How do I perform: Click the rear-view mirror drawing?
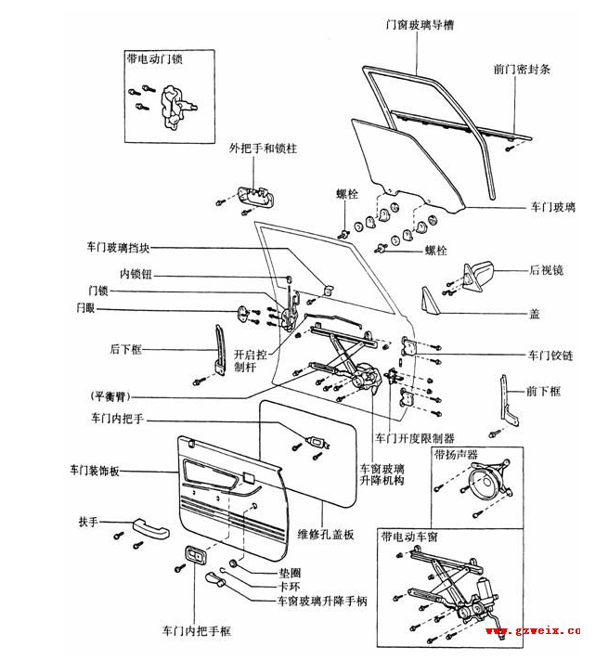pyautogui.click(x=479, y=275)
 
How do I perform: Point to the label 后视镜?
pyautogui.click(x=547, y=270)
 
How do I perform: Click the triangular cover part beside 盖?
pyautogui.click(x=429, y=301)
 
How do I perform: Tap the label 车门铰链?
pyautogui.click(x=550, y=356)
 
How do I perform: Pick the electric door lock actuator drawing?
pyautogui.click(x=173, y=104)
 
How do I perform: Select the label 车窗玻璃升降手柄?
pyautogui.click(x=322, y=601)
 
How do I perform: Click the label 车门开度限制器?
pyautogui.click(x=414, y=437)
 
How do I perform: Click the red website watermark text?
pyautogui.click(x=533, y=631)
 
